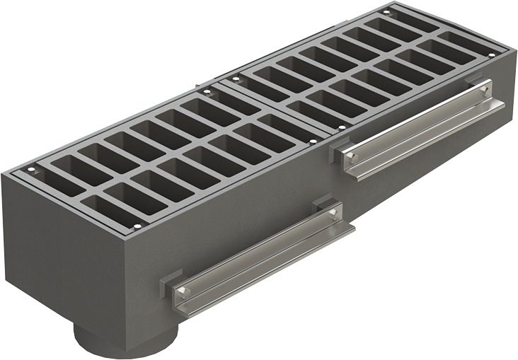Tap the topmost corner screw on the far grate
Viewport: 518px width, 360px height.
(x=386, y=12)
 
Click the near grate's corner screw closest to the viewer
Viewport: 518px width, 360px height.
(x=137, y=226)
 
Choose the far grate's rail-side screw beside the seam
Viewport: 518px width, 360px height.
(x=343, y=127)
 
